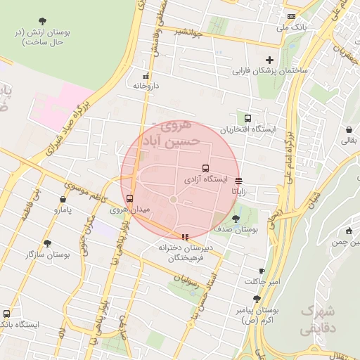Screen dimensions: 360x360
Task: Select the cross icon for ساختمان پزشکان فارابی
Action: (269, 60)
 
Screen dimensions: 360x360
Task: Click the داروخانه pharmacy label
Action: (146, 85)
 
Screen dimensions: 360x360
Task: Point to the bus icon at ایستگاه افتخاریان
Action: (247, 118)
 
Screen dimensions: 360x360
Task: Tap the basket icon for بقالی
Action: (349, 130)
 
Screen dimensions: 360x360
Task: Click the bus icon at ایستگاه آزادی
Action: (205, 168)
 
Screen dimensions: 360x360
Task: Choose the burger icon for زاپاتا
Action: (239, 180)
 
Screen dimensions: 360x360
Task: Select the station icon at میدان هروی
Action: (129, 198)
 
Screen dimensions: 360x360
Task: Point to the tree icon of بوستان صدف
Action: (236, 219)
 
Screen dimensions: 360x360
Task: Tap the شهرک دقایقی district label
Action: (319, 319)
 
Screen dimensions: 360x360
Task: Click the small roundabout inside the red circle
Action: (174, 200)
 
